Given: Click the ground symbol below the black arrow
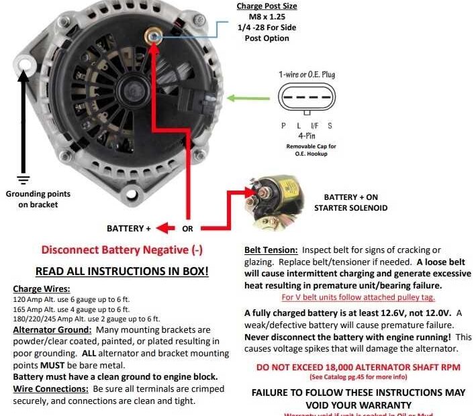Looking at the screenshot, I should click(x=24, y=179).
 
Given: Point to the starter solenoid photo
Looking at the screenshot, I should click(x=273, y=197).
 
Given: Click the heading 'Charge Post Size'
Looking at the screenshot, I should click(x=267, y=7).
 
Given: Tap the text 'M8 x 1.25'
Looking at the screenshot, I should click(x=267, y=17).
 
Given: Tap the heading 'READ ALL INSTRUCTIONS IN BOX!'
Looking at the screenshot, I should click(x=122, y=272).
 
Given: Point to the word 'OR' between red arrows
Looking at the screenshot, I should click(x=187, y=229).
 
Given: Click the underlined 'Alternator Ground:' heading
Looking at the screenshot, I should click(x=52, y=330).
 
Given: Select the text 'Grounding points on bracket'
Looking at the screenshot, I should click(x=38, y=199).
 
